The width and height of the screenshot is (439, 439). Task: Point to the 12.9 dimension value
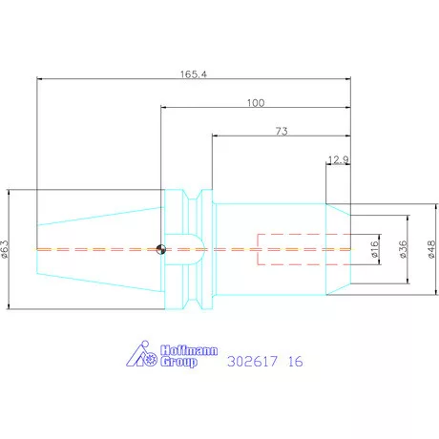pyautogui.click(x=339, y=158)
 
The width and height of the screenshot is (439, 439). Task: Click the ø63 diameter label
pyautogui.click(x=6, y=250)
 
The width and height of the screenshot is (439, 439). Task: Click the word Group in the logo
pyautogui.click(x=178, y=363)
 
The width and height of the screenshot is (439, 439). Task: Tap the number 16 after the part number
pyautogui.click(x=296, y=362)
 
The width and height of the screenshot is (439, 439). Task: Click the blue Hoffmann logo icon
pyautogui.click(x=142, y=355)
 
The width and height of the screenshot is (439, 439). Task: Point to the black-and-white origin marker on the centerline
pyautogui.click(x=161, y=251)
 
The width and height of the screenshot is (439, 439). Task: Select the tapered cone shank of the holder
pyautogui.click(x=95, y=250)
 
